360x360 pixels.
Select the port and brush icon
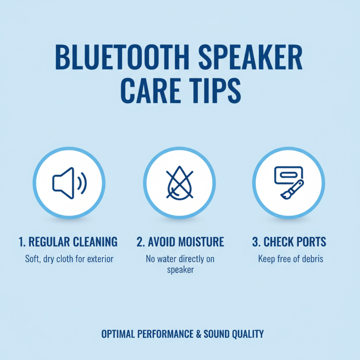tap(288, 182)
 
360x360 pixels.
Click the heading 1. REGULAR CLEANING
tap(68, 242)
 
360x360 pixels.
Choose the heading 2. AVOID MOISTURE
tap(180, 242)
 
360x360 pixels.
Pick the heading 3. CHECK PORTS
tap(289, 242)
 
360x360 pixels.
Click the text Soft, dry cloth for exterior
tap(69, 259)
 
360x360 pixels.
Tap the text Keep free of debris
tap(291, 259)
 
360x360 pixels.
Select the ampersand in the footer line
tap(198, 334)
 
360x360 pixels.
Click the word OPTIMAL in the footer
tap(118, 334)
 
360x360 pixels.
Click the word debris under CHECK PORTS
tap(313, 259)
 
